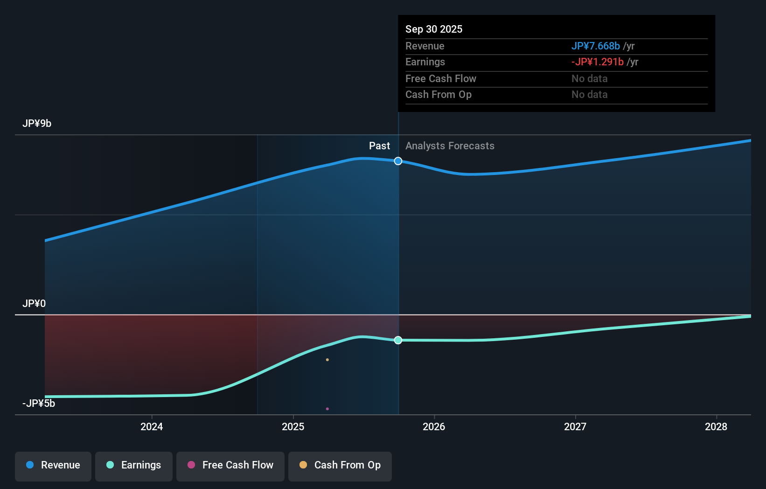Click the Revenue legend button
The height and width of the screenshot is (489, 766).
[53, 466]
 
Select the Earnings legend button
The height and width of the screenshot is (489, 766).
[134, 466]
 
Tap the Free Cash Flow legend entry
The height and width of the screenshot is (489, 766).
[230, 466]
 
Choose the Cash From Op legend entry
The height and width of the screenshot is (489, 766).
[340, 466]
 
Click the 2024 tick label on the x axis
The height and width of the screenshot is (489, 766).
[152, 427]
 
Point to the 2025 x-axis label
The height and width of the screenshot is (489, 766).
[293, 427]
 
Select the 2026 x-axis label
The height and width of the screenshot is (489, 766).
[434, 427]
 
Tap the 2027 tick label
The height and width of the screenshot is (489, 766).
[575, 427]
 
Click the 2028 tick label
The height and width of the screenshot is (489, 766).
[716, 427]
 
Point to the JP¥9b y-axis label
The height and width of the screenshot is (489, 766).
[37, 124]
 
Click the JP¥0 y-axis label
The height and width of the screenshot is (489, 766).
[34, 304]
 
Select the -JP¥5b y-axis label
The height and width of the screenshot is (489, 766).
[39, 404]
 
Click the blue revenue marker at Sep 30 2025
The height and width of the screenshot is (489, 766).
[398, 161]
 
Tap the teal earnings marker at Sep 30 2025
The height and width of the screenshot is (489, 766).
[398, 340]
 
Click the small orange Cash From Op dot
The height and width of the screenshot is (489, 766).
[327, 360]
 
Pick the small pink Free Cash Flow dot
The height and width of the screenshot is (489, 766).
[327, 409]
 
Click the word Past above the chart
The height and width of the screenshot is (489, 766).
[379, 146]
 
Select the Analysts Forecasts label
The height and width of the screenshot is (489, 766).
[450, 146]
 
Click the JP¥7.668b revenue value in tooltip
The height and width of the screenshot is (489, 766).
[596, 46]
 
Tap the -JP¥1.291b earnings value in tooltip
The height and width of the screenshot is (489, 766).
[598, 62]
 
